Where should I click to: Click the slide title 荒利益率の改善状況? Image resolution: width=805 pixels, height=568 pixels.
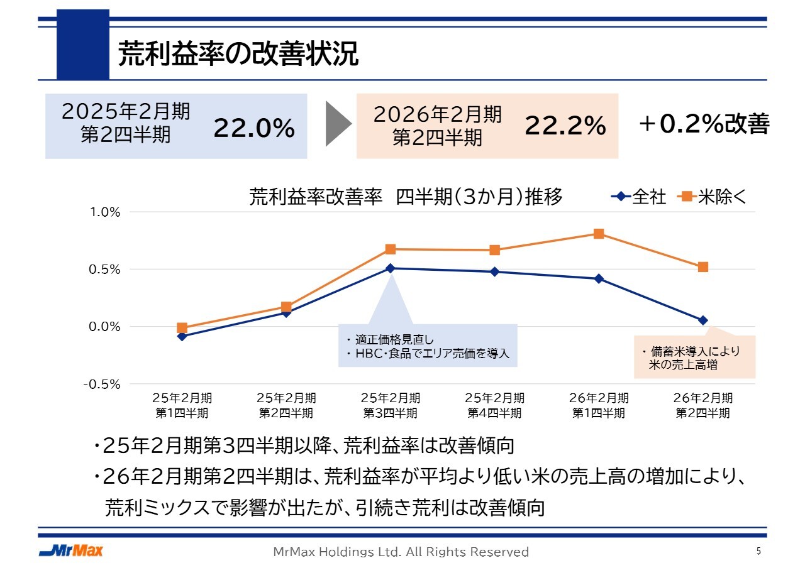[238, 55]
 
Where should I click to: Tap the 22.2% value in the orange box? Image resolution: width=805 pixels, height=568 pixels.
[565, 126]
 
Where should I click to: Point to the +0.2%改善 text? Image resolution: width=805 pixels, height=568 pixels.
[703, 124]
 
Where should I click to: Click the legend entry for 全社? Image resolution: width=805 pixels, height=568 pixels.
[639, 197]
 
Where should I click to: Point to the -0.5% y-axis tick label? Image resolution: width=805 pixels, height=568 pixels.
[103, 384]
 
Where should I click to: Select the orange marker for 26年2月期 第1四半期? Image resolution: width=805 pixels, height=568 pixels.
[599, 234]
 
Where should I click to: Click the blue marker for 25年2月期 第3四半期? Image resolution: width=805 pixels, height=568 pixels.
[391, 268]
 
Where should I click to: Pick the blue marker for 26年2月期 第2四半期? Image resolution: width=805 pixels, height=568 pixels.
[703, 320]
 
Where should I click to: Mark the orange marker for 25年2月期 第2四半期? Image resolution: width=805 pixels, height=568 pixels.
[286, 307]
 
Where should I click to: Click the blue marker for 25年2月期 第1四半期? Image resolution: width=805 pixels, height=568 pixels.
[182, 336]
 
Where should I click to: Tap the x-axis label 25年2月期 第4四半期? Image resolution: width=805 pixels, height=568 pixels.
[494, 405]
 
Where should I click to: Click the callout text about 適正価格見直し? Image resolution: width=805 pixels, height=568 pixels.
[428, 346]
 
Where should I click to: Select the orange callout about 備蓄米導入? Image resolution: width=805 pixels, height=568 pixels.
[694, 357]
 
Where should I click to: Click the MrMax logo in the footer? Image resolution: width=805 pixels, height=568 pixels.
[70, 551]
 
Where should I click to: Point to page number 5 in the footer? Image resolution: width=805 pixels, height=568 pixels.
[758, 551]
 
